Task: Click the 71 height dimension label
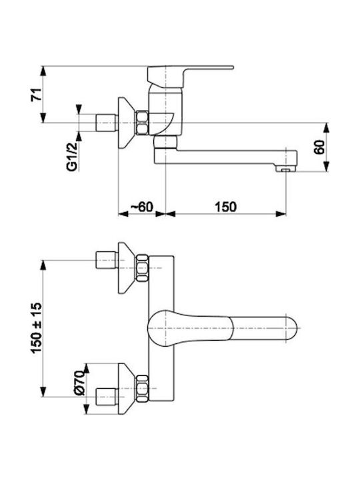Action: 36,95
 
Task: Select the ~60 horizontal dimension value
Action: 142,207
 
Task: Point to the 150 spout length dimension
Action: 225,207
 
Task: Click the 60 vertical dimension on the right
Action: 319,147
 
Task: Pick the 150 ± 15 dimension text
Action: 36,328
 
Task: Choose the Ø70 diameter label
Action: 79,383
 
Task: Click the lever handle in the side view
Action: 190,75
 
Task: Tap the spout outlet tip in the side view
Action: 286,169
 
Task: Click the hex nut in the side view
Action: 142,123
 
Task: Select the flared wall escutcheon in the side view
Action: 127,123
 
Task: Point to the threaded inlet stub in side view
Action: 107,123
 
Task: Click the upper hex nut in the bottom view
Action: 142,268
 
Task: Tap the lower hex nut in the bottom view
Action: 142,389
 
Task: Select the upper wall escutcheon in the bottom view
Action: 127,268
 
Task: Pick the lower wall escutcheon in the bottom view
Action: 127,389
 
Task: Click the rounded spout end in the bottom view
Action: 289,329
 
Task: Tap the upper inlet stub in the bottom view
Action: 107,260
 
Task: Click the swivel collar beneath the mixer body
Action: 165,142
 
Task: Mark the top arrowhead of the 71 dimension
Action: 43,71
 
